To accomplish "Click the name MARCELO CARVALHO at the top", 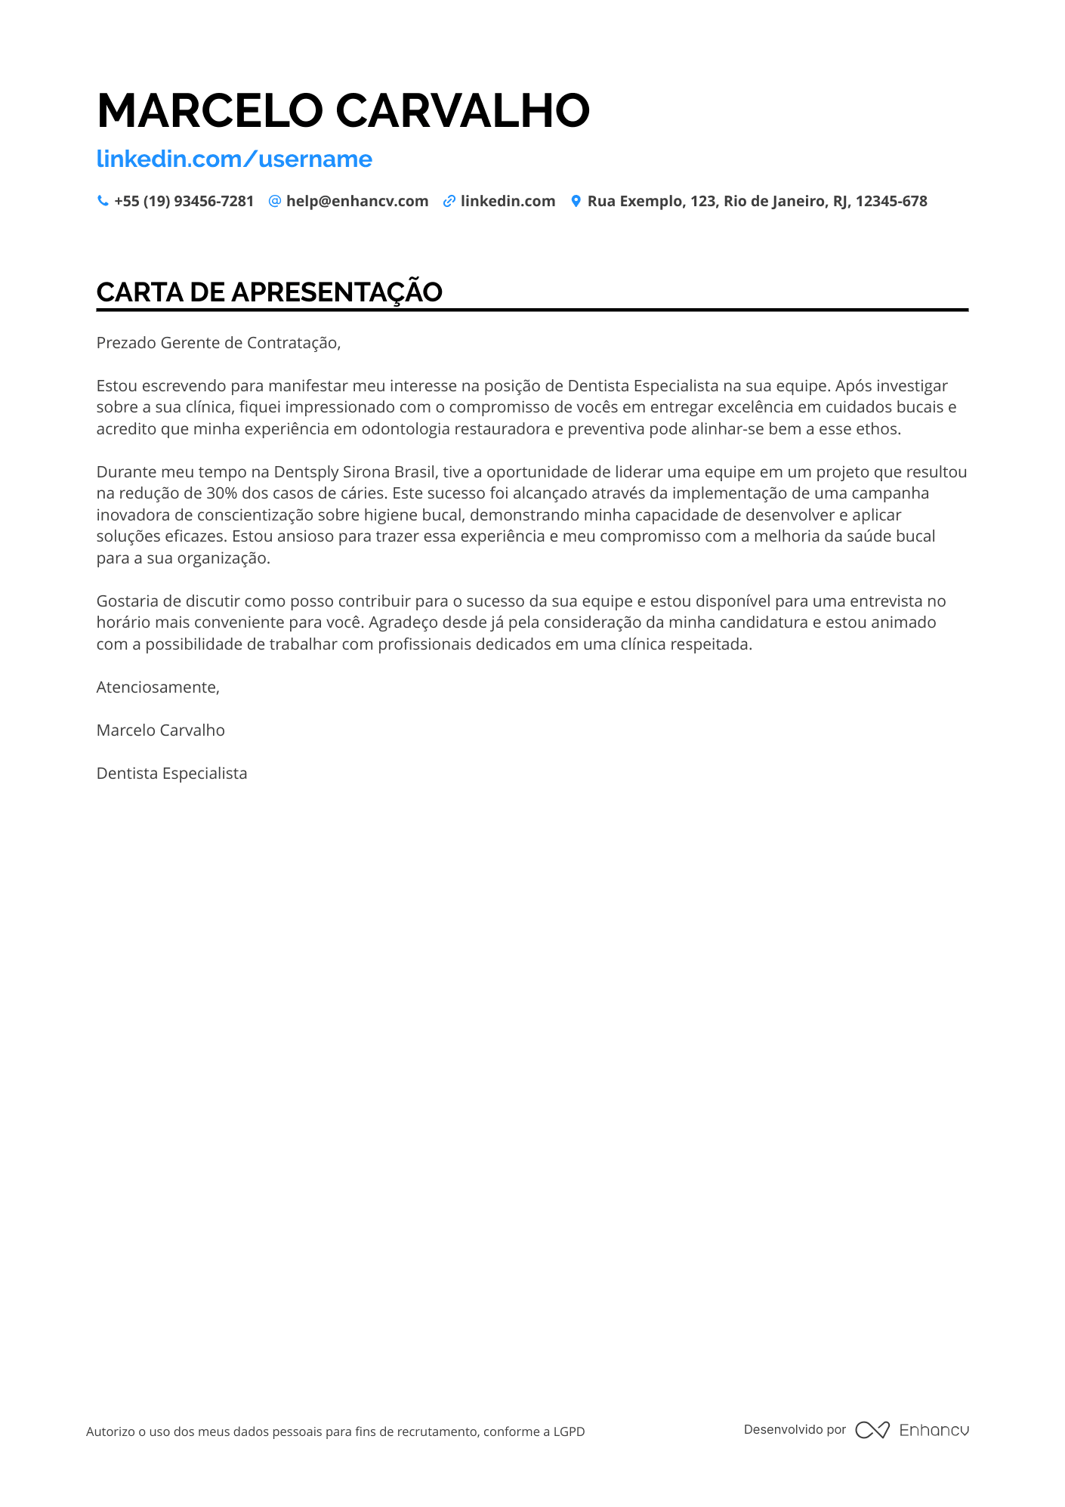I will click(343, 110).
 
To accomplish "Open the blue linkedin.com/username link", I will click(234, 159).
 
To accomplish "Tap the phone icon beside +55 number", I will click(103, 201).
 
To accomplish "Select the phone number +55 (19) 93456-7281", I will click(184, 202).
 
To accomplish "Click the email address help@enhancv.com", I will click(357, 202).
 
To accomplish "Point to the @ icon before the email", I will click(275, 201).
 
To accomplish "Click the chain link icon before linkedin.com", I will click(449, 202).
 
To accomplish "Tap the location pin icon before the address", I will click(576, 201).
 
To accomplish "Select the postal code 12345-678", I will click(891, 202).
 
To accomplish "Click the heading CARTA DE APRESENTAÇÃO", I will click(269, 292).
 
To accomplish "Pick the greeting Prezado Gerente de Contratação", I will click(218, 343).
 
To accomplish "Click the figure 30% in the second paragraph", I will click(221, 493).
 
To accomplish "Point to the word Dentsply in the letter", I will click(306, 472).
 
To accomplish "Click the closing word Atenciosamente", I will click(158, 687).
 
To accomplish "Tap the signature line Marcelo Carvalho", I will click(160, 730).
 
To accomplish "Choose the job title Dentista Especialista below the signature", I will click(171, 774).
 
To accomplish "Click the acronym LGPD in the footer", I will click(569, 1431).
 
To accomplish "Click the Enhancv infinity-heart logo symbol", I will click(872, 1430).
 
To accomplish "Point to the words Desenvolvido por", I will click(795, 1429).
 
